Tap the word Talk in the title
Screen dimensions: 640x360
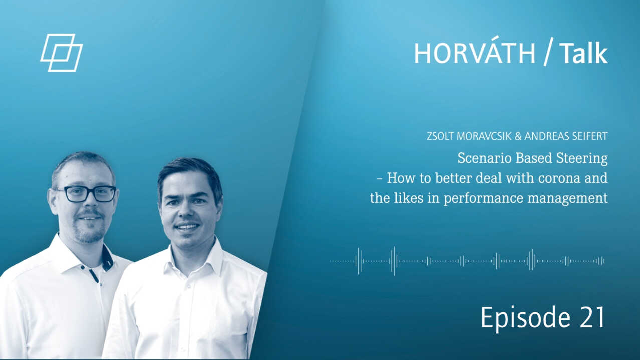click(583, 53)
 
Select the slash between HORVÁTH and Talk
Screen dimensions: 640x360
click(547, 52)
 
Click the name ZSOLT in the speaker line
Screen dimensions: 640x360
click(440, 136)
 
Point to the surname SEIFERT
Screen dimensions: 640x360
click(590, 136)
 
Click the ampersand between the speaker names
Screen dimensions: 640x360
click(518, 136)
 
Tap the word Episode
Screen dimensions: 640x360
click(526, 318)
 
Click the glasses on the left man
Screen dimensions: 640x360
click(87, 194)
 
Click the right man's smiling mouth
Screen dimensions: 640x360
click(187, 227)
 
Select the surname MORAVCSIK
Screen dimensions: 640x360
click(484, 136)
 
